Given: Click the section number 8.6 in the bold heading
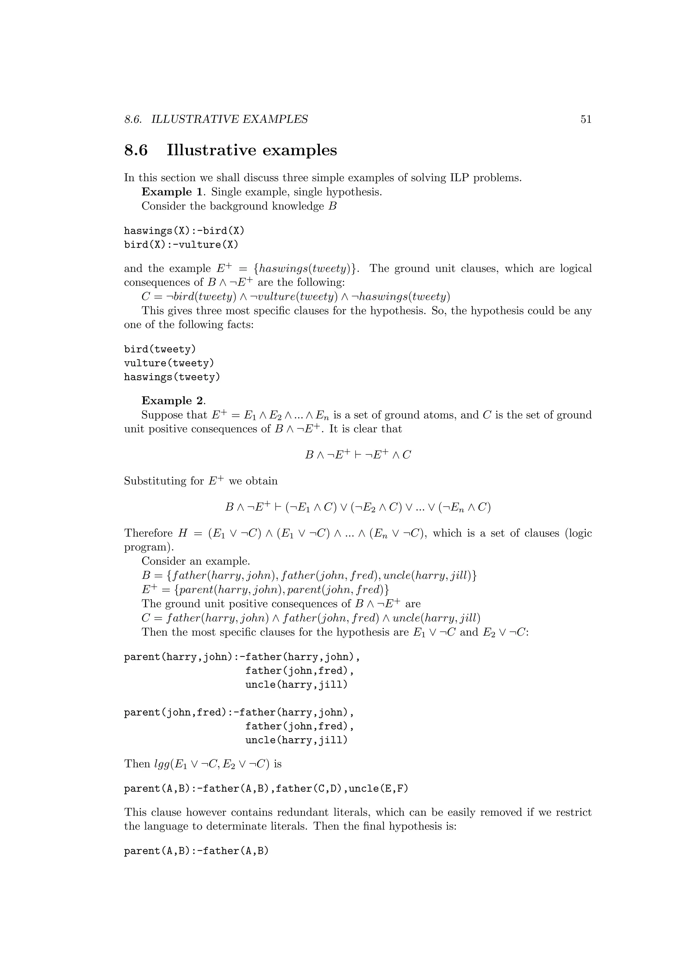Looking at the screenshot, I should [136, 150].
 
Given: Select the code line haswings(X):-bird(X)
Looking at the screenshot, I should [184, 231].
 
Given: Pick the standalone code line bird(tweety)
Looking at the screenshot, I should [160, 350].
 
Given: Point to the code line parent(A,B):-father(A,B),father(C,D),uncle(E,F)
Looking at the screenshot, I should [266, 789].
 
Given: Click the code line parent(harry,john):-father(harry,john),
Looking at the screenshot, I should [242, 658].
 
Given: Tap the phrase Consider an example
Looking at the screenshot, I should [196, 561].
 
